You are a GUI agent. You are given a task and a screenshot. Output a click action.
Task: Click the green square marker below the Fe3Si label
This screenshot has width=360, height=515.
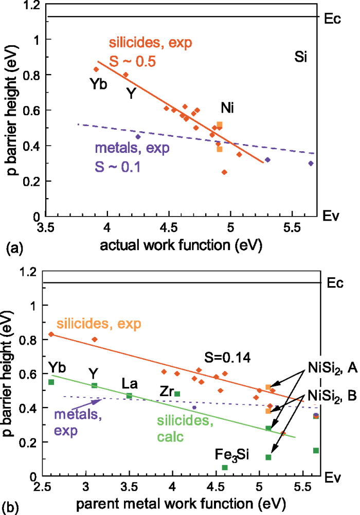tap(225, 467)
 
